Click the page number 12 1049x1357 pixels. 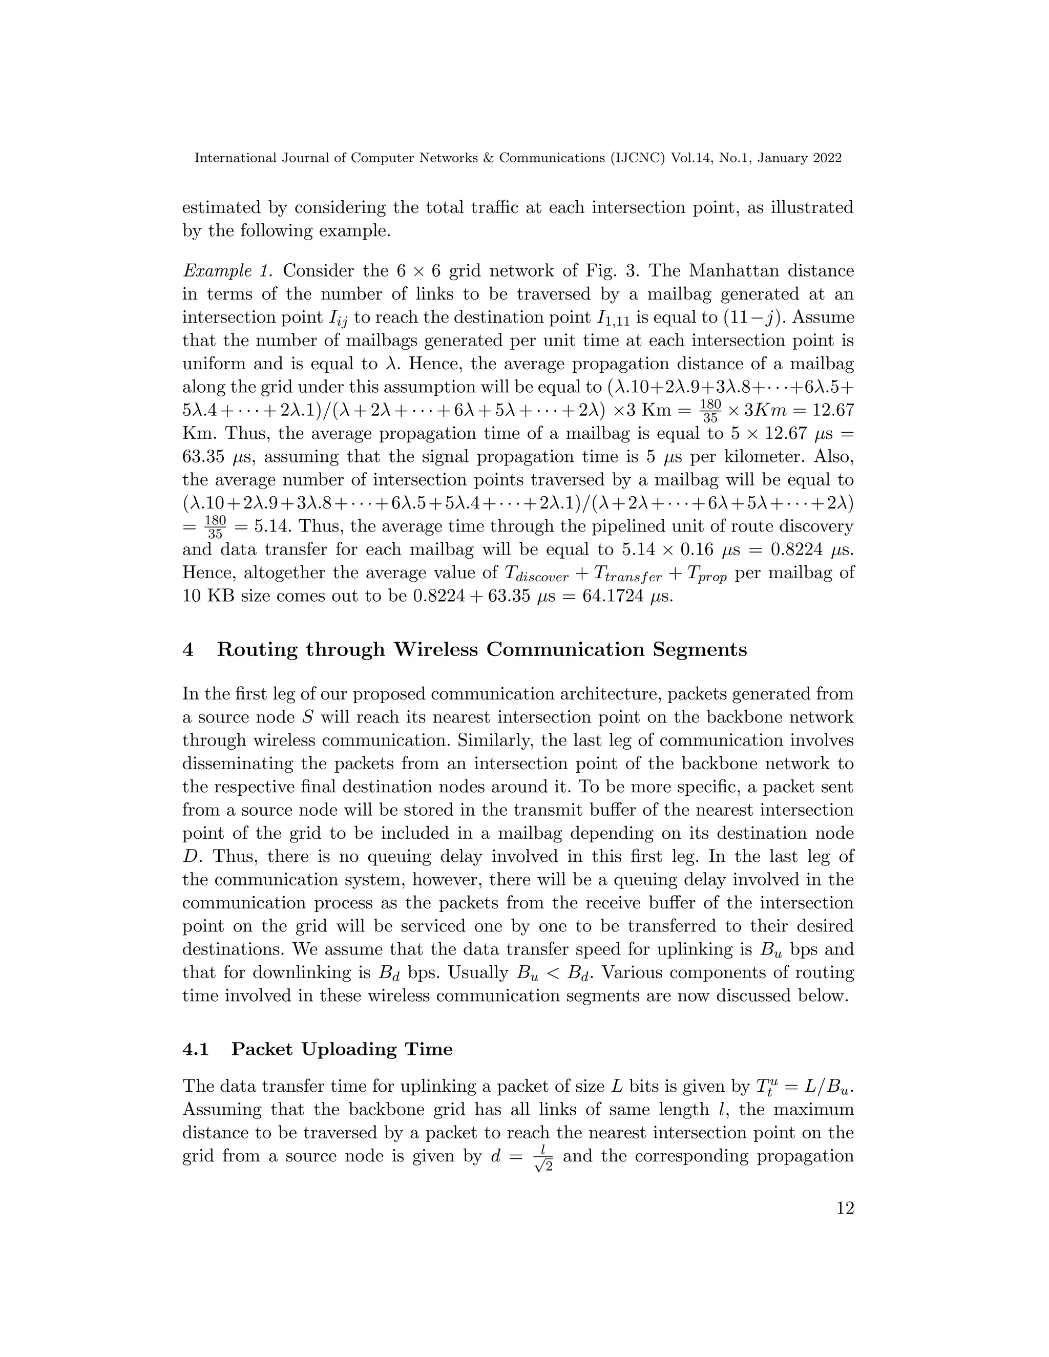click(x=845, y=1226)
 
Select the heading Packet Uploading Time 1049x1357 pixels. click(x=342, y=1050)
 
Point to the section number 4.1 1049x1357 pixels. click(x=196, y=1050)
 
